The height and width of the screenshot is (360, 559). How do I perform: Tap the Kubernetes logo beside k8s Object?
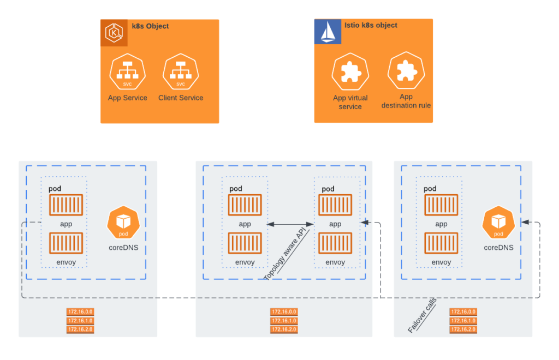click(x=114, y=33)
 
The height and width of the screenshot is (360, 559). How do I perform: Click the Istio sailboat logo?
click(x=328, y=32)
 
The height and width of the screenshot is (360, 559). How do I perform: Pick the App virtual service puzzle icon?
click(x=350, y=73)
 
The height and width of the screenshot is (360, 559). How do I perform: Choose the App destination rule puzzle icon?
click(x=406, y=71)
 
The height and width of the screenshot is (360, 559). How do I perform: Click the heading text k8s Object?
click(x=150, y=26)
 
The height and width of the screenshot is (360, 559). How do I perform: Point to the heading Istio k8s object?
click(x=371, y=25)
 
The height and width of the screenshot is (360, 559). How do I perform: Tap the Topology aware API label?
click(x=287, y=254)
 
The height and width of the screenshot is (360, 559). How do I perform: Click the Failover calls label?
click(x=422, y=316)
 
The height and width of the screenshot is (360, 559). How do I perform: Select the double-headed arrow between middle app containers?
click(x=289, y=224)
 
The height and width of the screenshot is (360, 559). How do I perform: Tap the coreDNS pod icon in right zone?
click(x=498, y=222)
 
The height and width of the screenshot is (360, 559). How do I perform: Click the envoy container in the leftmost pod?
click(x=66, y=243)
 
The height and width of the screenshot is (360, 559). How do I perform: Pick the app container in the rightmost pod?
click(x=441, y=205)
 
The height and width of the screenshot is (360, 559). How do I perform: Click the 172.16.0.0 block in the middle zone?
click(x=284, y=311)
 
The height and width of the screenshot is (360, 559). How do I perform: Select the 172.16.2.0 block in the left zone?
click(x=80, y=329)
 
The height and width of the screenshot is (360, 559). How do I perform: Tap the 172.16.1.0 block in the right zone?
click(x=463, y=321)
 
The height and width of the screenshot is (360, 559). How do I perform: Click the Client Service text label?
click(x=181, y=98)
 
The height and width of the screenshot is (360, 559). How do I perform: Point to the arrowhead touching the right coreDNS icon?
click(x=524, y=222)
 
